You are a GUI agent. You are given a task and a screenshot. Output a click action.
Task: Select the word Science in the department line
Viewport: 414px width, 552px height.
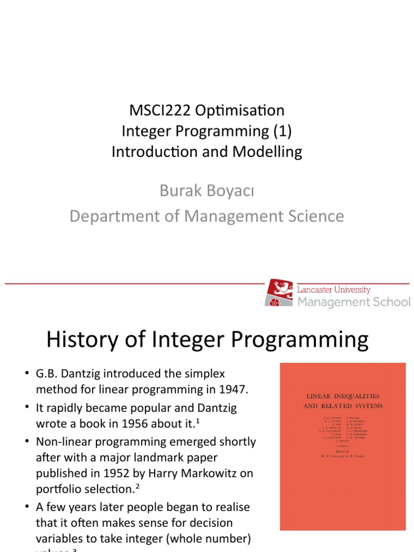coord(313,216)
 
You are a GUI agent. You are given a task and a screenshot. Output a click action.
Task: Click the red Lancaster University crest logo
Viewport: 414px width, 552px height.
coord(279,293)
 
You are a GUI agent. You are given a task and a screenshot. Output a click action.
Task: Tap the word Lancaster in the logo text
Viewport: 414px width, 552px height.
coord(316,289)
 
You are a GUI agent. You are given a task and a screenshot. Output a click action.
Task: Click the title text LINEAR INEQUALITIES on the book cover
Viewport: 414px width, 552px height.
coord(342,396)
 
